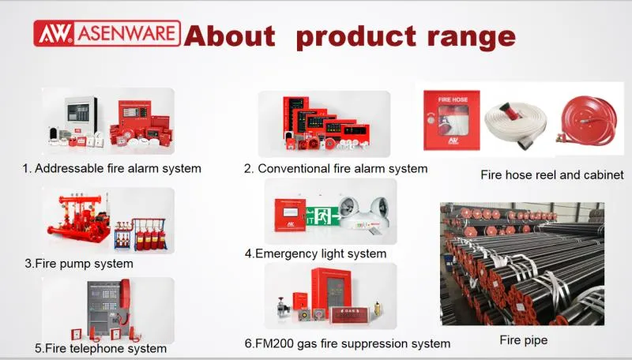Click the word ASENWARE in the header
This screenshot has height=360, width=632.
(126, 32)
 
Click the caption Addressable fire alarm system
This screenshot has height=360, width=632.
(111, 168)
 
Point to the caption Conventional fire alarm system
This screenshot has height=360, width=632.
(336, 168)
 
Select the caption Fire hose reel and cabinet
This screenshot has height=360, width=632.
(552, 174)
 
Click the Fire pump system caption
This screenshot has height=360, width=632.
(78, 263)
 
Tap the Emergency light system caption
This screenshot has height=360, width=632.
(315, 253)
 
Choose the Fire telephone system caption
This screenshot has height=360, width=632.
(100, 347)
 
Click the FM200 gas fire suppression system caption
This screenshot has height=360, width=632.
(347, 343)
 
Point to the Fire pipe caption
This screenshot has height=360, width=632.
(523, 340)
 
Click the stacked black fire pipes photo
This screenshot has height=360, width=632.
(522, 264)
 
